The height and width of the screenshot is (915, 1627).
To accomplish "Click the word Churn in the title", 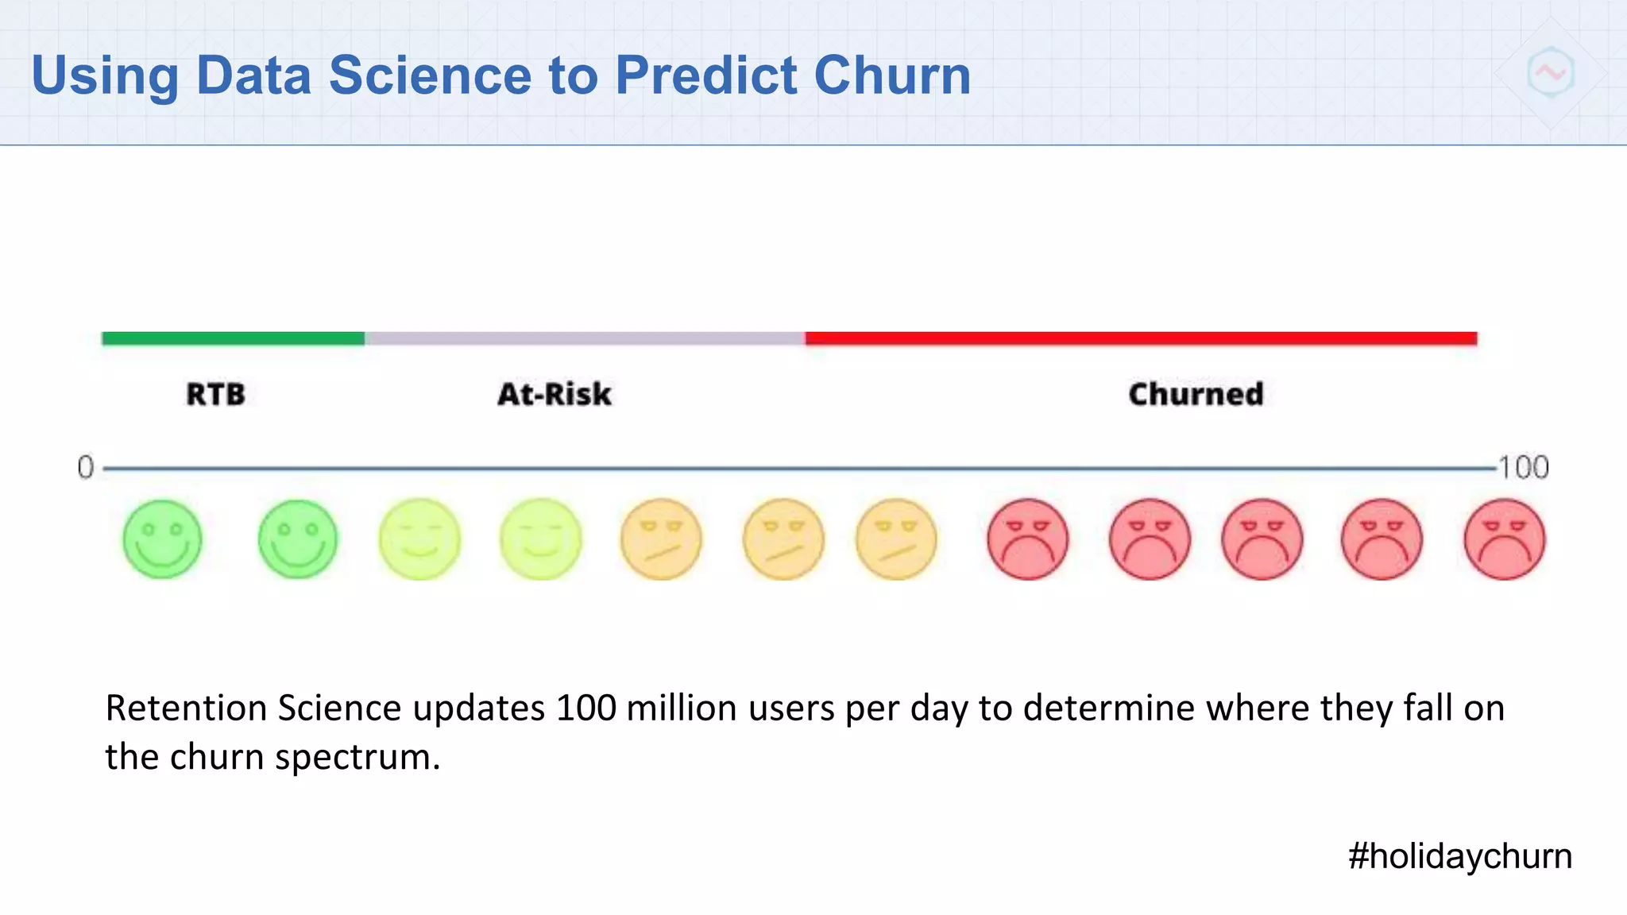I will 891,76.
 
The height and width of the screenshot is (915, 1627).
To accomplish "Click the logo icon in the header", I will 1550,73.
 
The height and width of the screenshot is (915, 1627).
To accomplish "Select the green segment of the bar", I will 233,338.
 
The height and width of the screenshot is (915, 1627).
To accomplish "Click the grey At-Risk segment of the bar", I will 584,338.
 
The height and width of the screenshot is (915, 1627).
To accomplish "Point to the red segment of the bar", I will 1140,338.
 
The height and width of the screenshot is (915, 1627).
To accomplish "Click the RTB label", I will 215,394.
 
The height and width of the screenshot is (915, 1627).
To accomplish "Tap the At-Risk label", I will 554,394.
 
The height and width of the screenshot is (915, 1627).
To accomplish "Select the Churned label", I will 1195,394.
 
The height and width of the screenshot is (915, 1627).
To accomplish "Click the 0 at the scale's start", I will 85,467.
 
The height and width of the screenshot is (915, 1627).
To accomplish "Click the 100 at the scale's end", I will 1523,467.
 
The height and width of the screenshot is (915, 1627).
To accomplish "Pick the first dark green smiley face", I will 162,539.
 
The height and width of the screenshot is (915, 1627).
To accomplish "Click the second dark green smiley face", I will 298,539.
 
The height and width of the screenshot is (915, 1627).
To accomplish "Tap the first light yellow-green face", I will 419,539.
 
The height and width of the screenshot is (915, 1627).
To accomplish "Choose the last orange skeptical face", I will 896,539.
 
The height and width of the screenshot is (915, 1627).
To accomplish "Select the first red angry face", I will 1027,539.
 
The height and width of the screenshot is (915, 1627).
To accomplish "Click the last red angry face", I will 1504,539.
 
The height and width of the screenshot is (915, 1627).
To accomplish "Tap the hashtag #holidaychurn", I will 1459,856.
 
